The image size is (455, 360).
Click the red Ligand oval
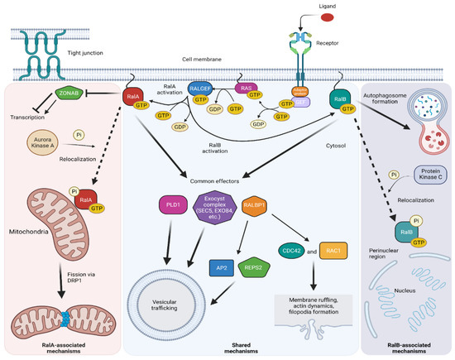[328, 14]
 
